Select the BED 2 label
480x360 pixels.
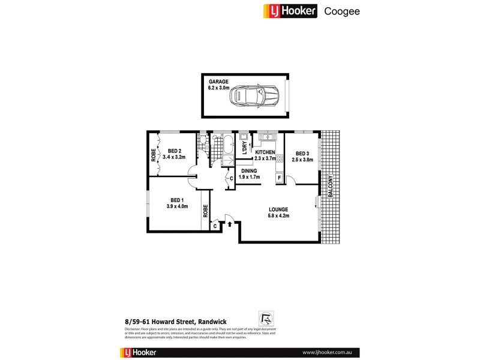click(x=175, y=151)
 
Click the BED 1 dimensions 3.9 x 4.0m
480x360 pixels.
click(x=177, y=206)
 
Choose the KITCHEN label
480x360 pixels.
click(x=265, y=152)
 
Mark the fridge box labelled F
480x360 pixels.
click(x=279, y=178)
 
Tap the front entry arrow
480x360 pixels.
click(x=229, y=224)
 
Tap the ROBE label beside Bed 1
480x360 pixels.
click(x=205, y=211)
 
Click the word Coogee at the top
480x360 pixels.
click(x=342, y=11)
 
